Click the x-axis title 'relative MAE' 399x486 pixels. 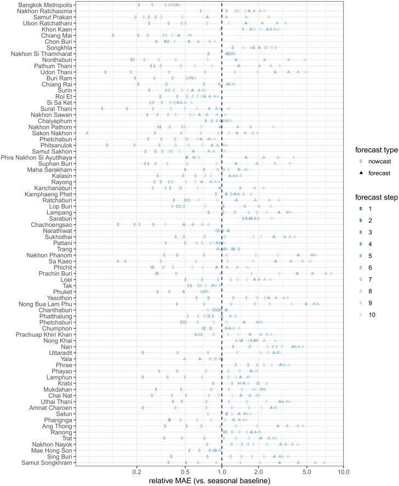210,481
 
